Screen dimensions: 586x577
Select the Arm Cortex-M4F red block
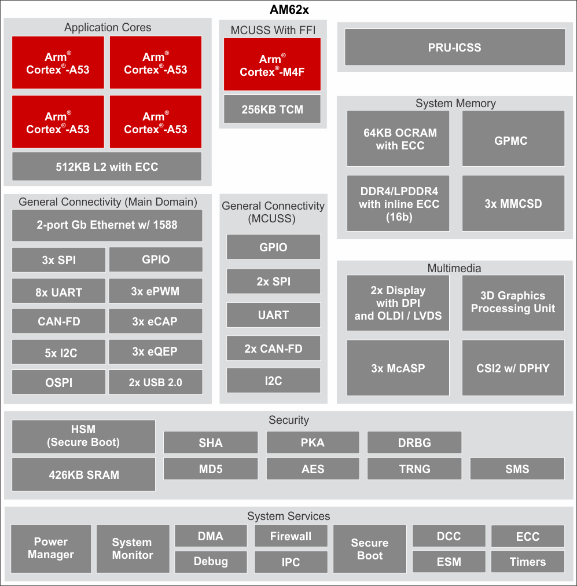pyautogui.click(x=272, y=65)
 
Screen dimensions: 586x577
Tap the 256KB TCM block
pyautogui.click(x=272, y=109)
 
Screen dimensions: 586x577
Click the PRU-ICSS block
pyautogui.click(x=454, y=47)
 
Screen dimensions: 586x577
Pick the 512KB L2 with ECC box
pyautogui.click(x=107, y=167)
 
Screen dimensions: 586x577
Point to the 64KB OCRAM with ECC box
pyautogui.click(x=398, y=139)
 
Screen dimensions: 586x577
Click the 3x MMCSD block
pyautogui.click(x=513, y=203)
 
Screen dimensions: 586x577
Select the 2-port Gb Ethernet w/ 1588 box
pyautogui.click(x=107, y=225)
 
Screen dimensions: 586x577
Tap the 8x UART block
pyautogui.click(x=58, y=292)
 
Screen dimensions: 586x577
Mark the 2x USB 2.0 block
pyautogui.click(x=155, y=382)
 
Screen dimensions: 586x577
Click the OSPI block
pyautogui.click(x=58, y=382)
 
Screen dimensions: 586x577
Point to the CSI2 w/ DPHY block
pyautogui.click(x=513, y=367)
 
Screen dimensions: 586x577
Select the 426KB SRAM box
pyautogui.click(x=83, y=475)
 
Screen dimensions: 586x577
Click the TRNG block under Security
pyautogui.click(x=414, y=469)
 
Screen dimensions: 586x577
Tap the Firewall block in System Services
pyautogui.click(x=291, y=536)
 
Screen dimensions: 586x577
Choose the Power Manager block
pyautogui.click(x=51, y=548)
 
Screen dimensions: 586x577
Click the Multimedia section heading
pyautogui.click(x=454, y=268)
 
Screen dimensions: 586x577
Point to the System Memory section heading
pyautogui.click(x=455, y=103)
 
